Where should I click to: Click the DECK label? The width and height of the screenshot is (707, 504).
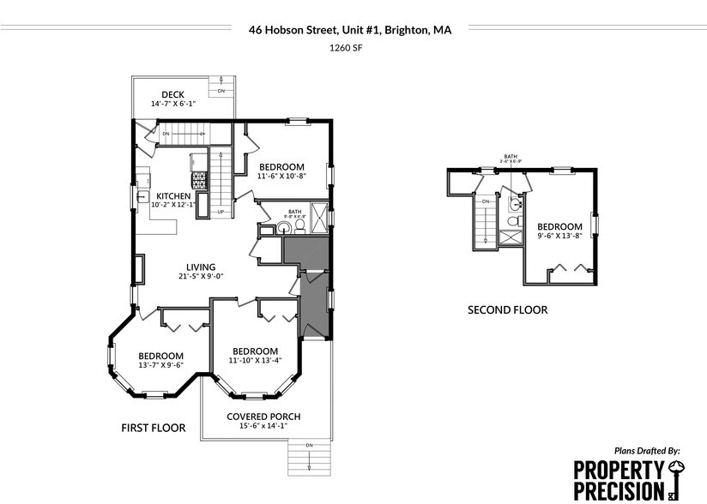(x=172, y=94)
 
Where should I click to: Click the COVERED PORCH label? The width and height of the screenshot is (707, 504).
(x=263, y=417)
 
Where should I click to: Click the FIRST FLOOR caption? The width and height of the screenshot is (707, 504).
(x=154, y=426)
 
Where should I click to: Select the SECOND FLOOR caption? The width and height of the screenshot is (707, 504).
(x=507, y=310)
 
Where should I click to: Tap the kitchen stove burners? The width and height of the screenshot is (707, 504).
(x=199, y=180)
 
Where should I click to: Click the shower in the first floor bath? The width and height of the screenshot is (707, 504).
(x=318, y=214)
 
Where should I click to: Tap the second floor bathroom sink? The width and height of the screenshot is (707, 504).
(x=514, y=204)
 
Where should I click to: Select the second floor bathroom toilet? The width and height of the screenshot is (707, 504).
(x=513, y=222)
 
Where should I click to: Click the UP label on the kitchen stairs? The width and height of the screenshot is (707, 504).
(x=220, y=212)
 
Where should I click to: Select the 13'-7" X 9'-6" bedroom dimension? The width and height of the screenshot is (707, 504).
(x=160, y=365)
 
